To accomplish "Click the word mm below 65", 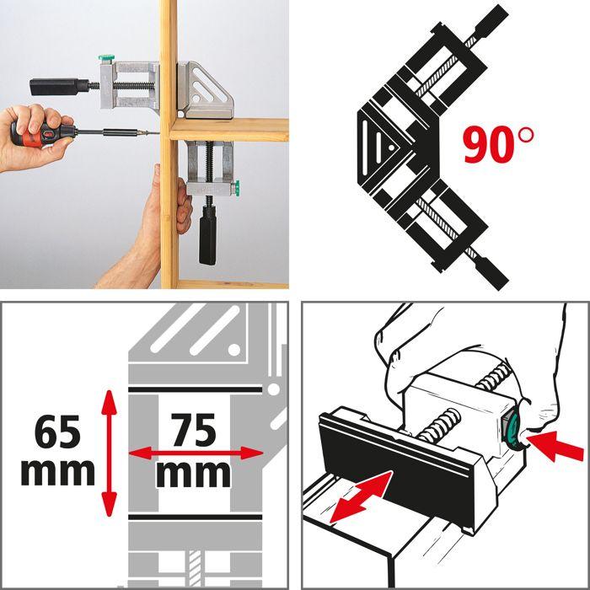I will click(x=57, y=472).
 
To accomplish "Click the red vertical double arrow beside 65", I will click(x=109, y=453).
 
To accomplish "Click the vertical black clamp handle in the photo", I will click(x=208, y=239).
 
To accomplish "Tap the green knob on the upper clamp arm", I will click(x=105, y=60).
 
